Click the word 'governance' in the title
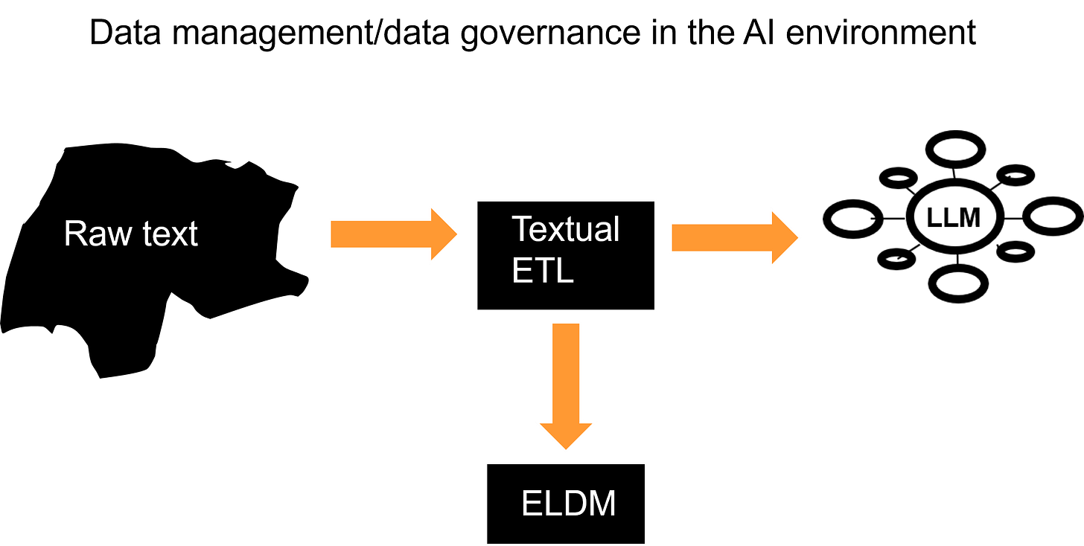pyautogui.click(x=551, y=34)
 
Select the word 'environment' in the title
pyautogui.click(x=881, y=32)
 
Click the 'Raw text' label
pyautogui.click(x=131, y=234)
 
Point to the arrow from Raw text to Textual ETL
pyautogui.click(x=394, y=234)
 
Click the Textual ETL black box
pyautogui.click(x=566, y=255)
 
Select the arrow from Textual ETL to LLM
pyautogui.click(x=735, y=237)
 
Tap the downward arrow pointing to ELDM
pyautogui.click(x=566, y=386)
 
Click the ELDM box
pyautogui.click(x=566, y=504)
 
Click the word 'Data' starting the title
pyautogui.click(x=125, y=32)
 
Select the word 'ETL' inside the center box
pyautogui.click(x=543, y=271)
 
